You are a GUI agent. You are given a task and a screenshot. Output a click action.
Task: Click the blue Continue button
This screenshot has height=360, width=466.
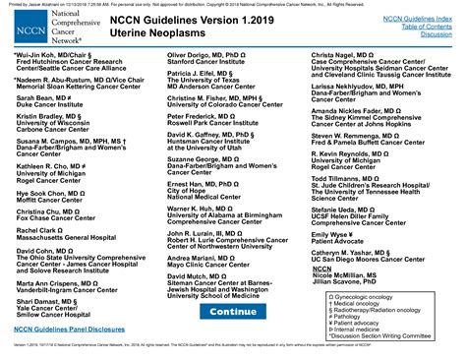pos(232,311)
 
